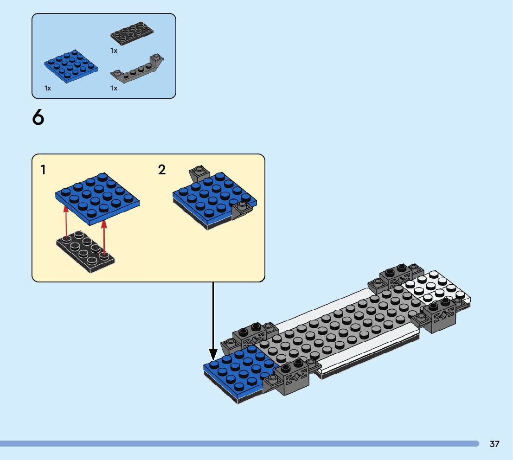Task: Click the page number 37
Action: coord(494,444)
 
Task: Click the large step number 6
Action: coord(38,118)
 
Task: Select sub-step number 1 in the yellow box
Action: coord(43,170)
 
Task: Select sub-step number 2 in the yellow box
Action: coord(161,170)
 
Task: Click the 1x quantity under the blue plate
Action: coord(48,88)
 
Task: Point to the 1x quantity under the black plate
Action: coord(114,51)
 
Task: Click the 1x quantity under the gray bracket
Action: coord(114,88)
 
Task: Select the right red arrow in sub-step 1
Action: coord(104,236)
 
